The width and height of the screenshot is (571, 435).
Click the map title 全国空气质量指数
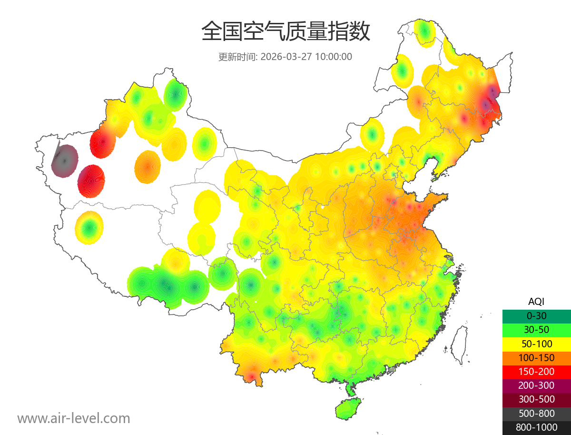point(285,32)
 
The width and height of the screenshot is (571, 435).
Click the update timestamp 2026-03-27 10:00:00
point(306,57)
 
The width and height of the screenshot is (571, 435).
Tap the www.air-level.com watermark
point(74,418)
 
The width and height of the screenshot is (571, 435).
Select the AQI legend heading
point(536,301)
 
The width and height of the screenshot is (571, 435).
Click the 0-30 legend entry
point(536,315)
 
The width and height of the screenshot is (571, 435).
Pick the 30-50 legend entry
point(536,329)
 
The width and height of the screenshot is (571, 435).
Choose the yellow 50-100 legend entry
point(536,344)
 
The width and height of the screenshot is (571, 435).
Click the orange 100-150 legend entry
point(536,357)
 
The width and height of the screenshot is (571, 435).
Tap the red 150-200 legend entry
point(536,371)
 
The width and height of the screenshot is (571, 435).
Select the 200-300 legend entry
point(536,385)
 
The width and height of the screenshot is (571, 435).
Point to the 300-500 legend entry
point(536,399)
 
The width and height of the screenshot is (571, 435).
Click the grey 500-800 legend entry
point(536,413)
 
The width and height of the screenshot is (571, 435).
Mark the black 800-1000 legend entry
point(536,427)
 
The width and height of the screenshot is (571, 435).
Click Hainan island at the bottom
point(348,409)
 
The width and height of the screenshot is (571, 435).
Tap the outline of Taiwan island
point(459,344)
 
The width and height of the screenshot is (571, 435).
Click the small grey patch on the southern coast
point(392,369)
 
